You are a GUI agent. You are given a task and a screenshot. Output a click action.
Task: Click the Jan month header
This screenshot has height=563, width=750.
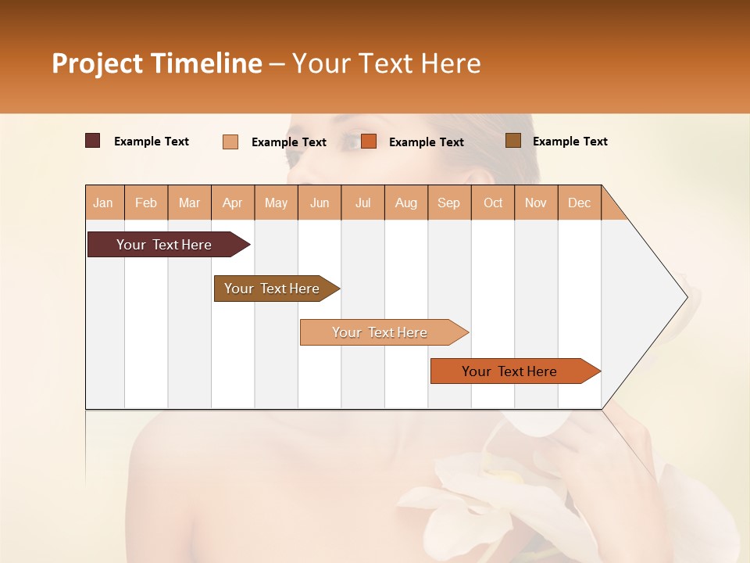pos(104,203)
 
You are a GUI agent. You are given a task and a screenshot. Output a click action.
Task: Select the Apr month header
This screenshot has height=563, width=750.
pos(232,203)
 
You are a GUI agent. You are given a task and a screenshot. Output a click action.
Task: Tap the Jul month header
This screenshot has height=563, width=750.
pos(362,203)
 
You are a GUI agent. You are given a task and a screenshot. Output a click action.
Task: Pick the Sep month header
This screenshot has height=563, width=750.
pos(448,203)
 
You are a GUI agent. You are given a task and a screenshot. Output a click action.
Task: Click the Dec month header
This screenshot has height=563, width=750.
pos(579,203)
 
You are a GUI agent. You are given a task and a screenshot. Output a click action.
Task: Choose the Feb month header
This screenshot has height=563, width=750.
pos(146,203)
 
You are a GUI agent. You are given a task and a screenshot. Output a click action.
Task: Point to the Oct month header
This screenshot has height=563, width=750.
pos(493,203)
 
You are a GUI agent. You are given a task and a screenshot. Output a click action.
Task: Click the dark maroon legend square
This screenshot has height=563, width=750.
pos(93,141)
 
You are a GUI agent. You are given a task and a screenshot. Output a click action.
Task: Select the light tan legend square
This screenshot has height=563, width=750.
pos(230,142)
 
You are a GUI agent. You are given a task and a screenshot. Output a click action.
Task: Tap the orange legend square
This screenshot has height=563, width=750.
pos(369,142)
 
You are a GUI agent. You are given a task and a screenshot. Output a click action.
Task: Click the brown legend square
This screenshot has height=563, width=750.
pos(512,141)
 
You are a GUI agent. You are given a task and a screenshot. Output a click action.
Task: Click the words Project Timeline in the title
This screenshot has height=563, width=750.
pos(156,63)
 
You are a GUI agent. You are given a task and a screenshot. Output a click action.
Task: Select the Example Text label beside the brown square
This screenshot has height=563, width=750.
pos(570,142)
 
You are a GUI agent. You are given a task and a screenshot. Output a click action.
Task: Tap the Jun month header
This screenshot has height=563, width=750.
pos(320,203)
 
